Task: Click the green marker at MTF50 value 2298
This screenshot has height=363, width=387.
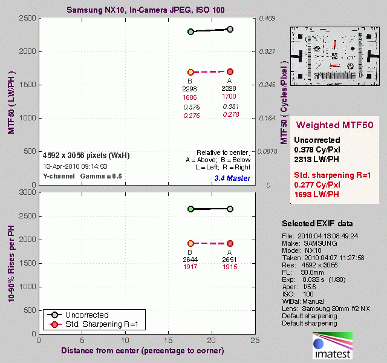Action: point(190,31)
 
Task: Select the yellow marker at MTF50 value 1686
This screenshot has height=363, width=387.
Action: point(190,72)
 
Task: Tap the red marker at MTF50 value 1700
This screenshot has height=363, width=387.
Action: point(230,71)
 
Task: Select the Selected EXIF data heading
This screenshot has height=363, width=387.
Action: point(317,223)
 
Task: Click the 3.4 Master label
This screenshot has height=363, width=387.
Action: point(232,178)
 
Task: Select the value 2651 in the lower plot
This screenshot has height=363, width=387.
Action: point(230,260)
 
